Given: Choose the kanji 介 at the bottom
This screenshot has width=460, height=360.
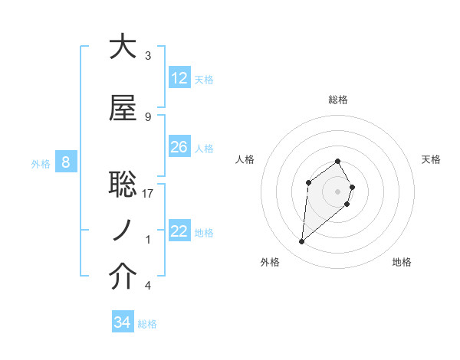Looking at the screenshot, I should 123,277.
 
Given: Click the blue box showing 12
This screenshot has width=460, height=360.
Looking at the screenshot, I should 179,78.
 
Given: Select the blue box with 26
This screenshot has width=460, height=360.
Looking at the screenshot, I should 179,147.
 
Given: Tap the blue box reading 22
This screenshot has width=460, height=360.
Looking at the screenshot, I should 179,231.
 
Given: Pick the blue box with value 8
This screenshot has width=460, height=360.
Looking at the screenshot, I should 67,162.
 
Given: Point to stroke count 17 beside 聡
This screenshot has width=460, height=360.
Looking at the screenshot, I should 148,194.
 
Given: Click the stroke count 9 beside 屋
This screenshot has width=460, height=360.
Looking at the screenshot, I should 148,117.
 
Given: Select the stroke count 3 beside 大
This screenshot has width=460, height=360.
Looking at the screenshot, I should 148,56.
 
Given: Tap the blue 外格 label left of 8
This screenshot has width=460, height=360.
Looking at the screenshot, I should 41,163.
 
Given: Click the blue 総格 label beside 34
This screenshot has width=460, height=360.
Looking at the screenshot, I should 147,324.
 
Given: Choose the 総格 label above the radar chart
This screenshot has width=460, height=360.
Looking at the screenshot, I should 338,100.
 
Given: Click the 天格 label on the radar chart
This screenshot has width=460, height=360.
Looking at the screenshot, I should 431,159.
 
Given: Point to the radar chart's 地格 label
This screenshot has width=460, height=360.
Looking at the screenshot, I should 402,262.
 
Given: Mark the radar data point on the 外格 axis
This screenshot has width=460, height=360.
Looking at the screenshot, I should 302,242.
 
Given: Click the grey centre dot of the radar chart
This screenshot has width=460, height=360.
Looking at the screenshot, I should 338,191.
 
